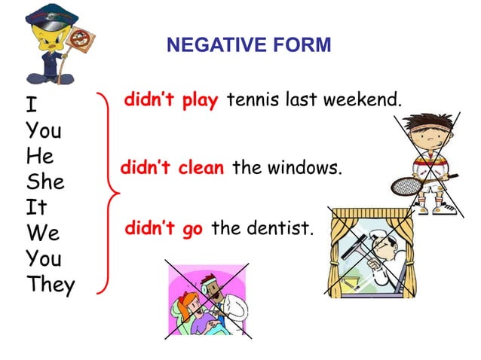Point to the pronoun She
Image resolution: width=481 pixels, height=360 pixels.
click(x=45, y=183)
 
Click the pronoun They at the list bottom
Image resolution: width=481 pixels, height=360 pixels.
click(x=51, y=285)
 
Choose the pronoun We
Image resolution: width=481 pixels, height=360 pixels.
click(x=42, y=233)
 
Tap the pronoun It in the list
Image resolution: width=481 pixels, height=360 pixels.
click(x=37, y=208)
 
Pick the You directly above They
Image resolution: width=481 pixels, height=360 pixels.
click(x=44, y=259)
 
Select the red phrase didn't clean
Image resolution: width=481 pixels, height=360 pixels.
click(x=173, y=168)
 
